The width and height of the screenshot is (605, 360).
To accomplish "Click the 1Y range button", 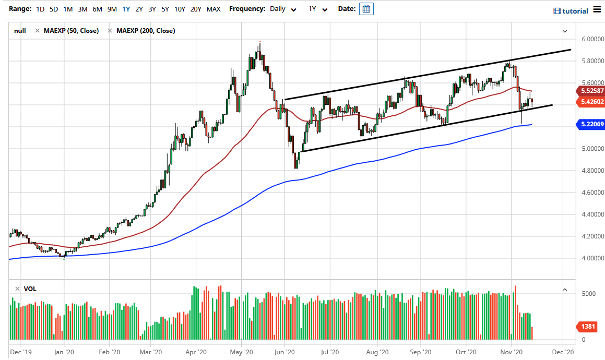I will (125, 9).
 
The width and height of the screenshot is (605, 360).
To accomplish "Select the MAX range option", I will (213, 9).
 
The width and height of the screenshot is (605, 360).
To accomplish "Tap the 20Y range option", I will (196, 9).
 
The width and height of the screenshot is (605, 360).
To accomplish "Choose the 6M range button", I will (97, 9).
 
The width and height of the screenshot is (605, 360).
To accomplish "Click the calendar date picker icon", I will (366, 9).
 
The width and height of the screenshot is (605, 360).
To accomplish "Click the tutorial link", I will (571, 11).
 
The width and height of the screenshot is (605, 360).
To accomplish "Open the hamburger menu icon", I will (597, 10).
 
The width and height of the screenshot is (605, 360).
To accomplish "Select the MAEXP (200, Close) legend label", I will (146, 31).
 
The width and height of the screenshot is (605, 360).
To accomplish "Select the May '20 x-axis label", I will (242, 352).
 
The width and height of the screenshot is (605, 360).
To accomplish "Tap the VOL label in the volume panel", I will (30, 289).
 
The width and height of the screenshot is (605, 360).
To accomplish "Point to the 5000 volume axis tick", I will (589, 294).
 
